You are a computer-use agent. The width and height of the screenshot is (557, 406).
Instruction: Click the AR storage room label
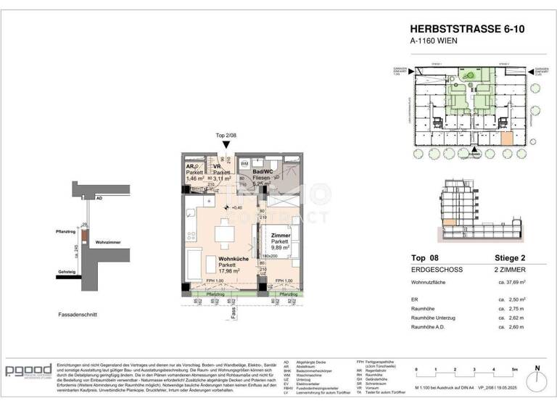[191, 166]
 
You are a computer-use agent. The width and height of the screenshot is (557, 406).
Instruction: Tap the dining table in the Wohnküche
[223, 234]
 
